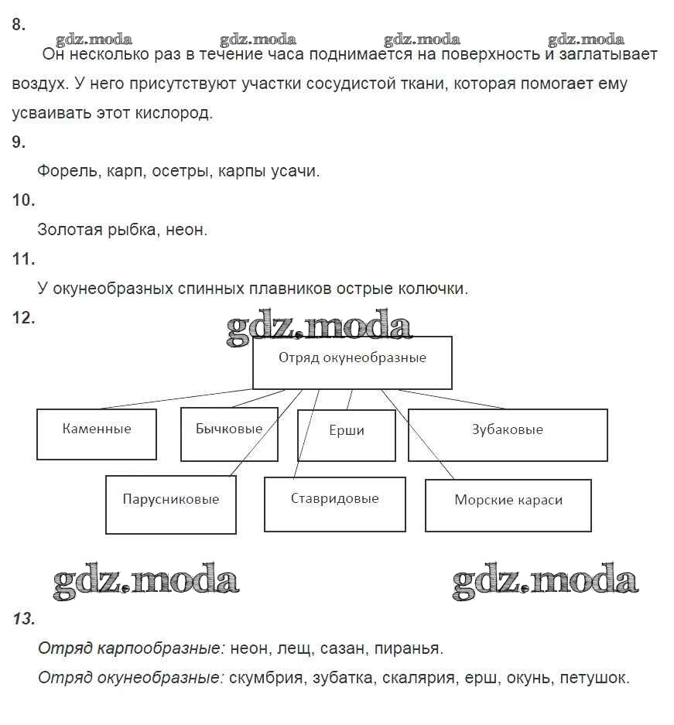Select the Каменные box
tap(97, 433)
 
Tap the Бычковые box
tap(229, 433)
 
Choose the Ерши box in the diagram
tap(346, 434)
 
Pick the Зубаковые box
tap(508, 434)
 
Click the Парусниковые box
tap(170, 504)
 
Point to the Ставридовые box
tap(334, 504)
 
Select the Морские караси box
tap(508, 504)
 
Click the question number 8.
tap(19, 25)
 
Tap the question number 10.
tap(24, 200)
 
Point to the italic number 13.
tap(24, 619)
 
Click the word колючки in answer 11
tap(433, 289)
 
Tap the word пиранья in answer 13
tap(414, 648)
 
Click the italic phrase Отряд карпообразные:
tap(132, 648)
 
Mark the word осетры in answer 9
tap(182, 171)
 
